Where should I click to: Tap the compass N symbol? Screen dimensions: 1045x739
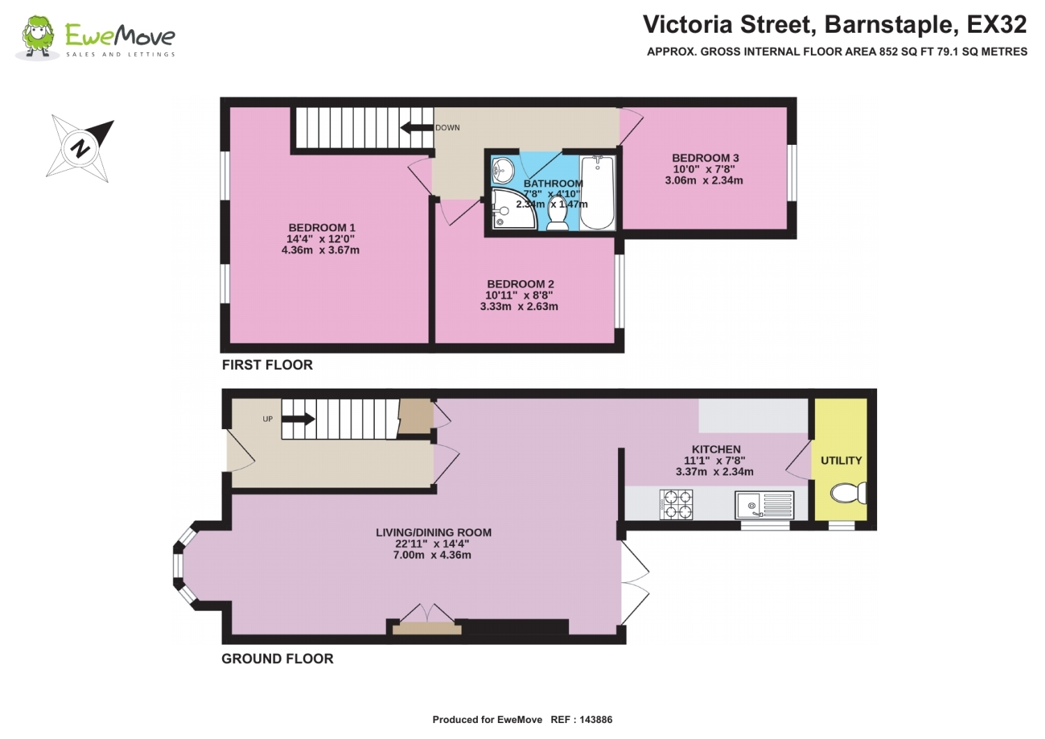click(80, 148)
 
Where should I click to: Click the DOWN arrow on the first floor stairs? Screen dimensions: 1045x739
click(417, 127)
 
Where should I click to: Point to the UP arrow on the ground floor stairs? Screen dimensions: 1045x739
click(298, 419)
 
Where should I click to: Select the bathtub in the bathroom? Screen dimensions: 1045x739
click(597, 193)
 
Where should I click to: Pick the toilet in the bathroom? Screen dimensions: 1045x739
click(557, 214)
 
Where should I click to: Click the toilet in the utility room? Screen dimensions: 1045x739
click(849, 493)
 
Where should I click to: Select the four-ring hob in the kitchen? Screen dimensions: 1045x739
click(676, 504)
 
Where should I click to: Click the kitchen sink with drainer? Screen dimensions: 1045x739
click(764, 505)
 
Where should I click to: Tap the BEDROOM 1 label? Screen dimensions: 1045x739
click(322, 228)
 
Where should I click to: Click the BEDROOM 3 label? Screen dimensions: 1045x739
click(705, 158)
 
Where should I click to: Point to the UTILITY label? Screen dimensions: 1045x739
click(841, 460)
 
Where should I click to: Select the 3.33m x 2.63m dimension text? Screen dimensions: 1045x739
click(519, 306)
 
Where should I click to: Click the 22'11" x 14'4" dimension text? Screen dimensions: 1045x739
click(432, 543)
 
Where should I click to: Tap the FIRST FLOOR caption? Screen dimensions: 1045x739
click(268, 365)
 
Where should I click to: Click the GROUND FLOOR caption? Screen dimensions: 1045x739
click(277, 659)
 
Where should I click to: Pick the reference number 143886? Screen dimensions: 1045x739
click(596, 720)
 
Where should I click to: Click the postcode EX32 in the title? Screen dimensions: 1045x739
click(996, 24)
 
